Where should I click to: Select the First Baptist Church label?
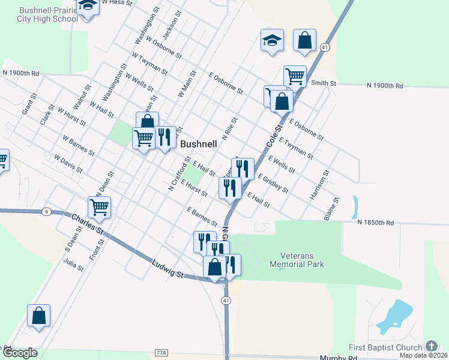point(386,347)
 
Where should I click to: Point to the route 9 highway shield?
point(46,212)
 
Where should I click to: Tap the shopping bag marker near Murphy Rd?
point(38,316)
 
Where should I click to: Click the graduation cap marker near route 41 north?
point(271,41)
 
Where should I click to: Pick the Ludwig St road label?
point(167,268)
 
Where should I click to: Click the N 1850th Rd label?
point(376,223)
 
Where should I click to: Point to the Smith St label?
point(322,83)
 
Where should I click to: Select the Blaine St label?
point(332,209)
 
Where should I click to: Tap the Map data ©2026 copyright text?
point(423,355)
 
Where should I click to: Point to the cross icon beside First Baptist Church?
point(431,346)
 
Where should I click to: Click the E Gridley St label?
point(273,183)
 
